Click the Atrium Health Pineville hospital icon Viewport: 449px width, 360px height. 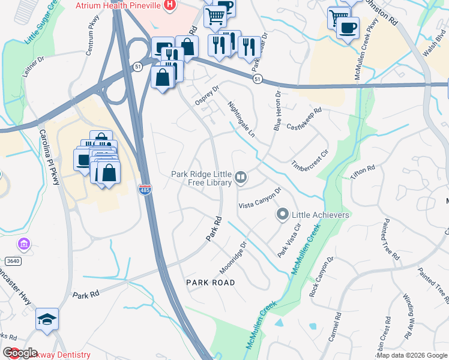[x=170, y=5]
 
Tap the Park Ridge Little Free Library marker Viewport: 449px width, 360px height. [x=241, y=176]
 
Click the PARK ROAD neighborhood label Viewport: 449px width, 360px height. [x=210, y=282]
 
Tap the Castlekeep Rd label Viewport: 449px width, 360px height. [x=304, y=119]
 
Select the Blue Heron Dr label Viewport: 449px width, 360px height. [x=277, y=111]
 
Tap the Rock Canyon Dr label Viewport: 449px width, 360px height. [x=321, y=279]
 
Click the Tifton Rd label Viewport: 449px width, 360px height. [x=363, y=172]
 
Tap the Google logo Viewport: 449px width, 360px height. [x=20, y=353]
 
